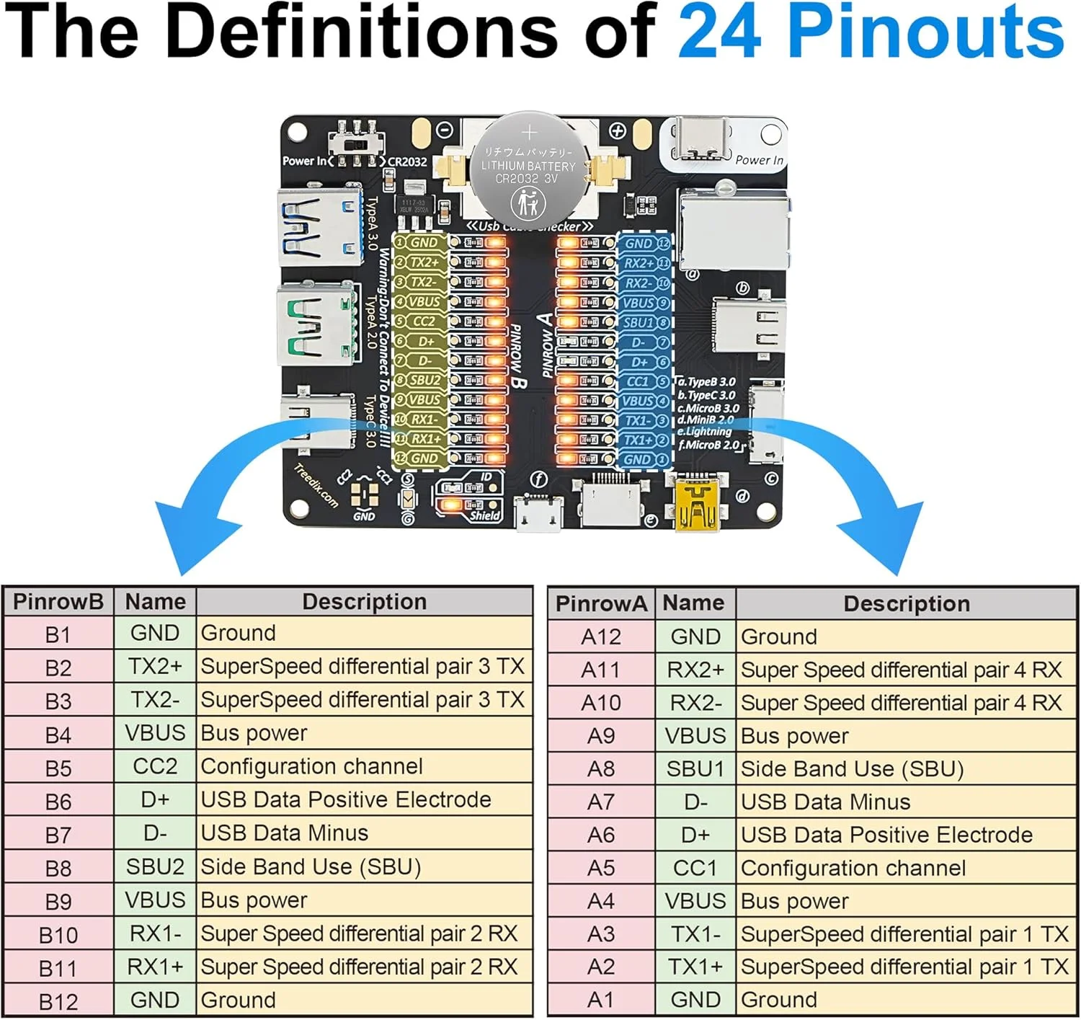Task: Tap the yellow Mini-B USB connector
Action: pyautogui.click(x=697, y=506)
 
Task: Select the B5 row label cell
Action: pyautogui.click(x=58, y=768)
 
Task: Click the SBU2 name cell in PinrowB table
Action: pyautogui.click(x=155, y=866)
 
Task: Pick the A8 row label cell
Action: pyautogui.click(x=601, y=769)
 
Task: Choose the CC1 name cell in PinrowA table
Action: pyautogui.click(x=695, y=868)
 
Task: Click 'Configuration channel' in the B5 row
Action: pyautogui.click(x=311, y=766)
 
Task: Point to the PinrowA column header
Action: pyautogui.click(x=601, y=604)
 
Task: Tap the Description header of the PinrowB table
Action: pyautogui.click(x=364, y=602)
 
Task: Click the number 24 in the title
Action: pyautogui.click(x=719, y=32)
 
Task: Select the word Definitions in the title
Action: pyautogui.click(x=361, y=32)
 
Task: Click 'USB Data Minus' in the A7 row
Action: pyautogui.click(x=825, y=802)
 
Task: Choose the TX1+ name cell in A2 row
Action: pyautogui.click(x=695, y=967)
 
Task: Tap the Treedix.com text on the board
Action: pyautogui.click(x=316, y=486)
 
